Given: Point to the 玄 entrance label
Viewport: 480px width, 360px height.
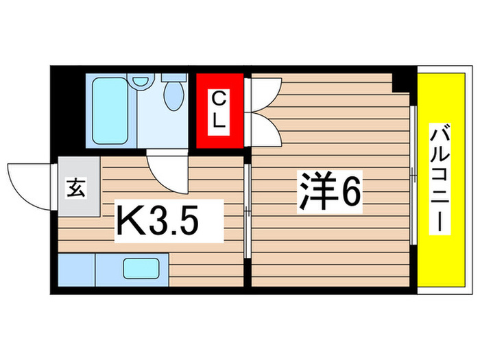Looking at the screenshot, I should pyautogui.click(x=76, y=187).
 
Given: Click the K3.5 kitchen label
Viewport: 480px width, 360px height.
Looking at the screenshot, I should pyautogui.click(x=158, y=220).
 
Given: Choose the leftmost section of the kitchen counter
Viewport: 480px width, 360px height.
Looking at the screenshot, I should pyautogui.click(x=75, y=269).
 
